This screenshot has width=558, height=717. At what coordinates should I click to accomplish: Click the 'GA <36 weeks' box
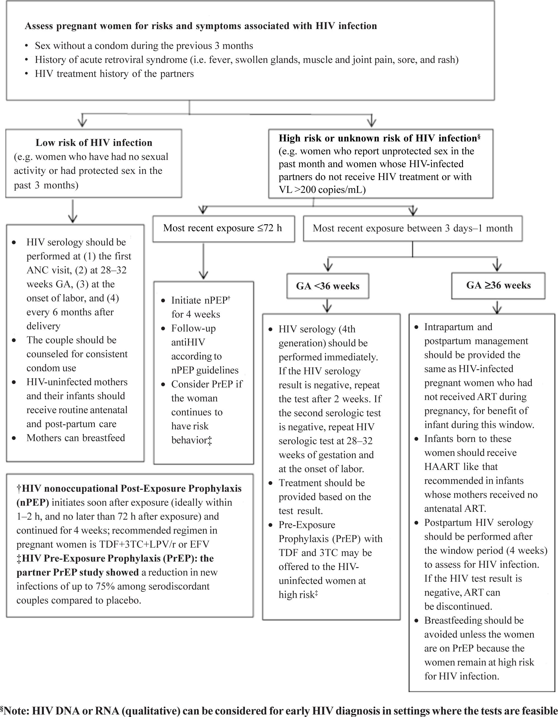pyautogui.click(x=328, y=286)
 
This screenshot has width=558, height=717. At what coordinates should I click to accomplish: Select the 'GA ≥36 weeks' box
pyautogui.click(x=498, y=285)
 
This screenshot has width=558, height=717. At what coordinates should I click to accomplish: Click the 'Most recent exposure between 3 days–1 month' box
pyautogui.click(x=412, y=228)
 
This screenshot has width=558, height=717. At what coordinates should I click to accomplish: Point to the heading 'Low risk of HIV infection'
pyautogui.click(x=94, y=143)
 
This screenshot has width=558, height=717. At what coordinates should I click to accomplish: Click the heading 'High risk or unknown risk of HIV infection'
pyautogui.click(x=377, y=138)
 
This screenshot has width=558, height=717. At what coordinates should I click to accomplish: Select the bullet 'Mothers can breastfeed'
pyautogui.click(x=75, y=438)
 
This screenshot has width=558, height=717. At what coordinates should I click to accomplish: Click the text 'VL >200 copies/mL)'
pyautogui.click(x=322, y=190)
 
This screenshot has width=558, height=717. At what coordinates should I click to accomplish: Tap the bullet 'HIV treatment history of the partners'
pyautogui.click(x=114, y=74)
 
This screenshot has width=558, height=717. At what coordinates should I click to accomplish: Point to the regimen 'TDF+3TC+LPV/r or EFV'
pyautogui.click(x=154, y=544)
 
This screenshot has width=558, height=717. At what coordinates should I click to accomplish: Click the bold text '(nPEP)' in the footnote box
pyautogui.click(x=33, y=502)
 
